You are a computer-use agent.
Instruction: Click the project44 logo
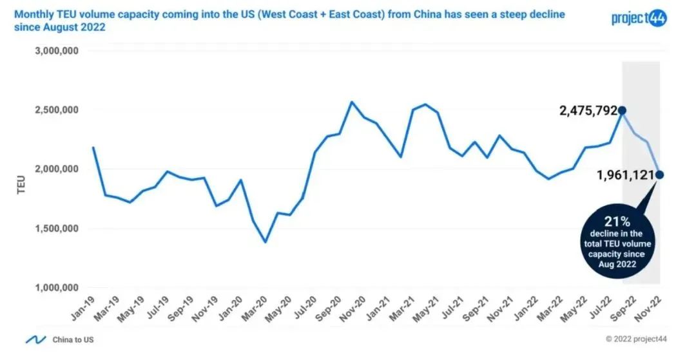(x=639, y=17)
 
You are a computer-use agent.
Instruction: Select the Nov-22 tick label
(x=652, y=311)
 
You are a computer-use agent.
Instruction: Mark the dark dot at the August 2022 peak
(x=622, y=111)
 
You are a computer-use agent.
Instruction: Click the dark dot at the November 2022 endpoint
(x=659, y=175)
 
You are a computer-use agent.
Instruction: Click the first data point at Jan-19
(x=93, y=147)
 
